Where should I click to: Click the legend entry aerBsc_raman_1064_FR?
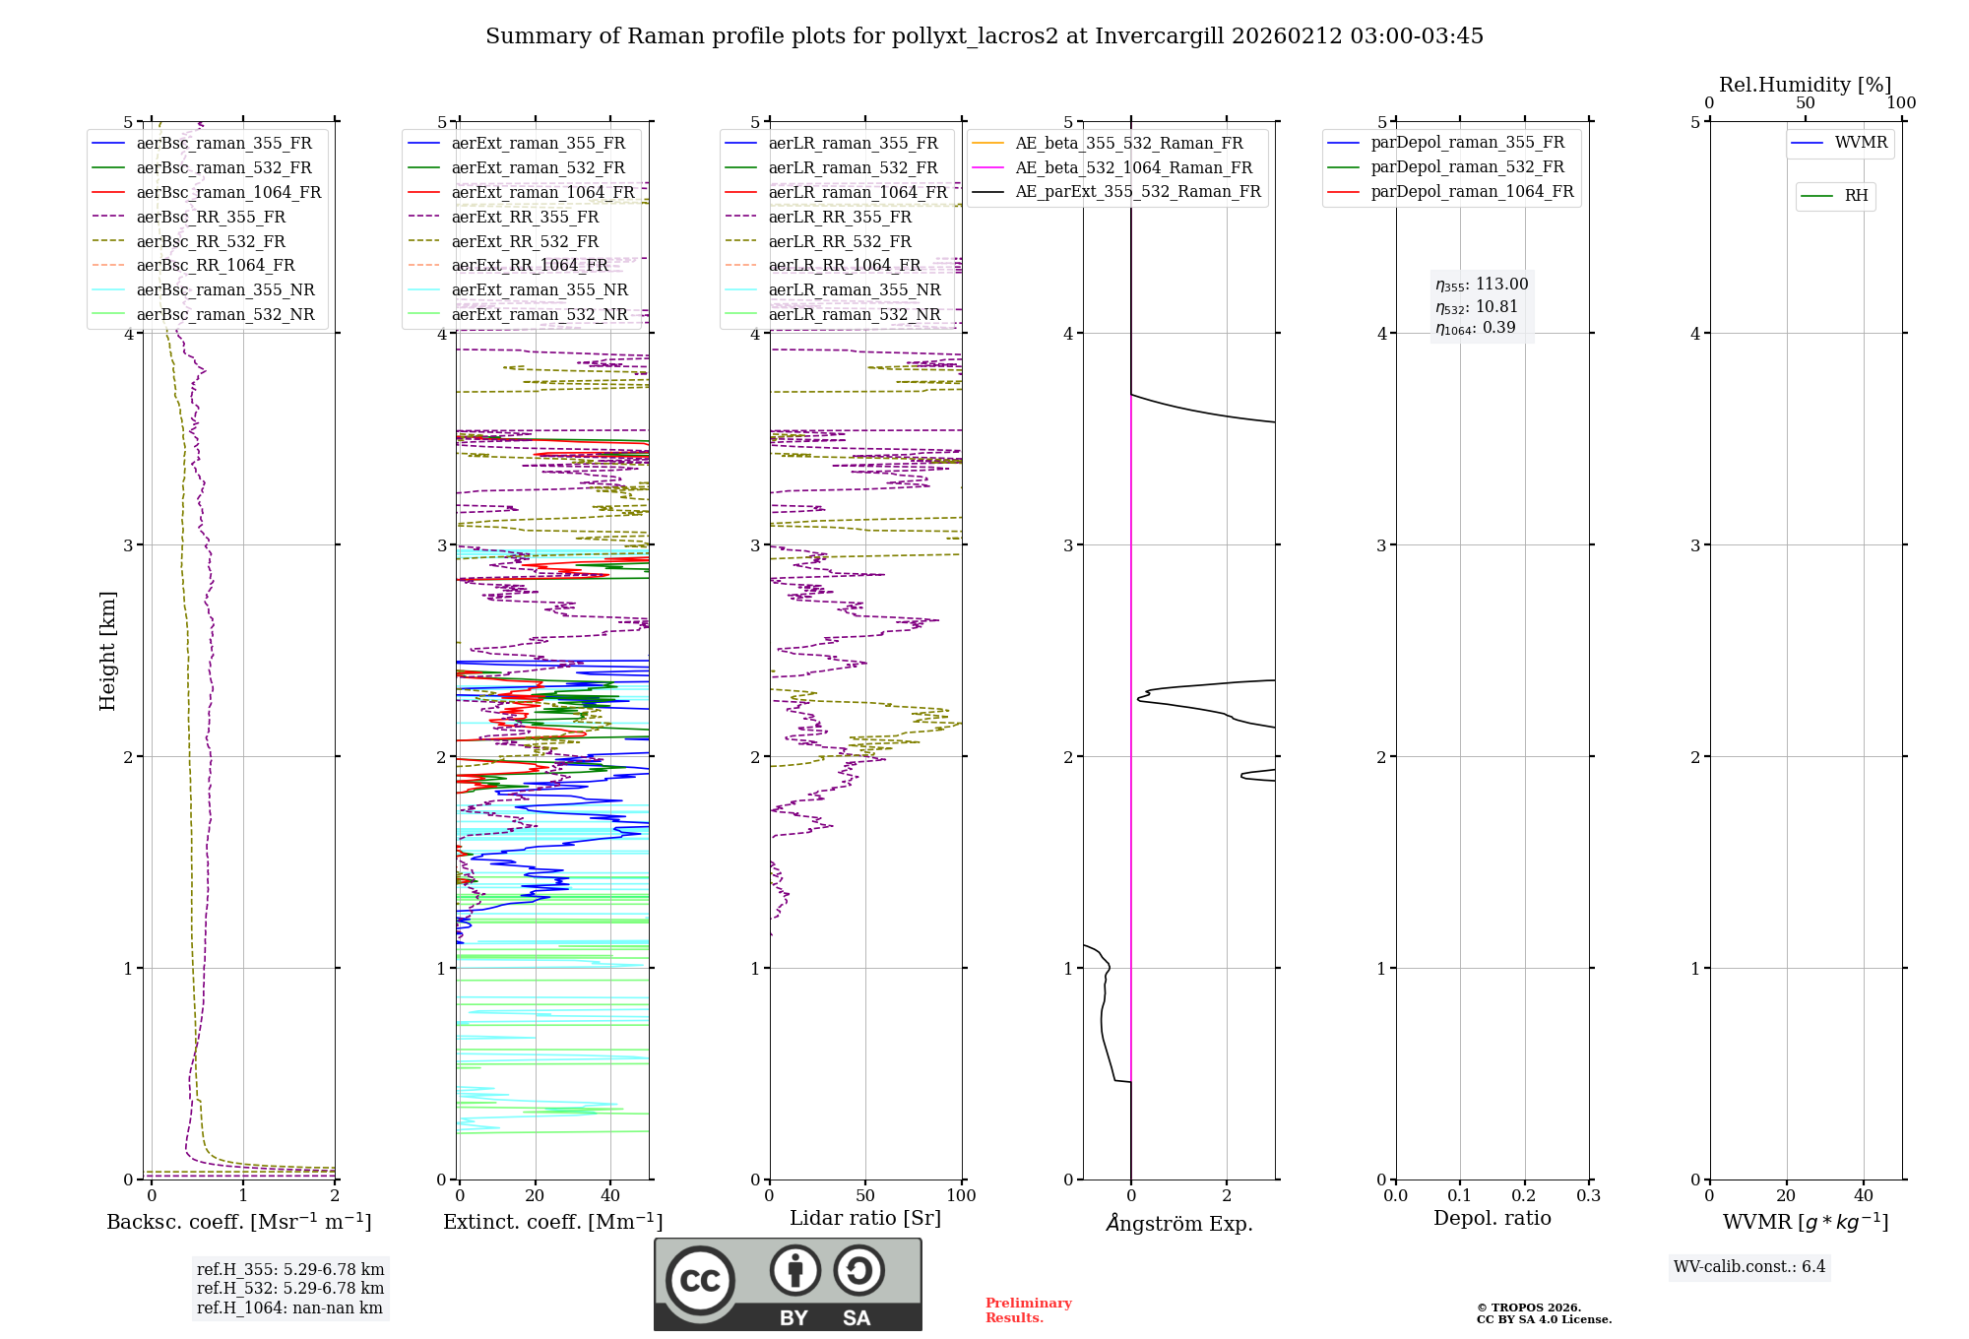228,192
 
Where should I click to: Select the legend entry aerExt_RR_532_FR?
524,241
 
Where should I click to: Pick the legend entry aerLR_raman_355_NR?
854,289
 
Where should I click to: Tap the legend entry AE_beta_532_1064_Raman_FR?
1133,167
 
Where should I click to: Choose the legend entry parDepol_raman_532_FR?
1467,166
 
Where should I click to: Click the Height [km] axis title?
107,651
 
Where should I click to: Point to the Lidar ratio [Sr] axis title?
865,1218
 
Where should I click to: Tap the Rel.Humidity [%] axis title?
1805,85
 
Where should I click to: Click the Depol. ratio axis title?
1492,1218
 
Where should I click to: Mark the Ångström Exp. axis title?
1178,1223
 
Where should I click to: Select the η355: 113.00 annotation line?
1482,285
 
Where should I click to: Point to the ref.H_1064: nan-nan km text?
289,1307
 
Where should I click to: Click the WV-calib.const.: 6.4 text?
1749,1266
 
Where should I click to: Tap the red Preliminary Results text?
1028,1310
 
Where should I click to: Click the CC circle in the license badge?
700,1280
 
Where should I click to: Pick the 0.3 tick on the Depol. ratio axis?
1588,1195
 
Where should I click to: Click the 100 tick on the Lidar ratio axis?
961,1195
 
